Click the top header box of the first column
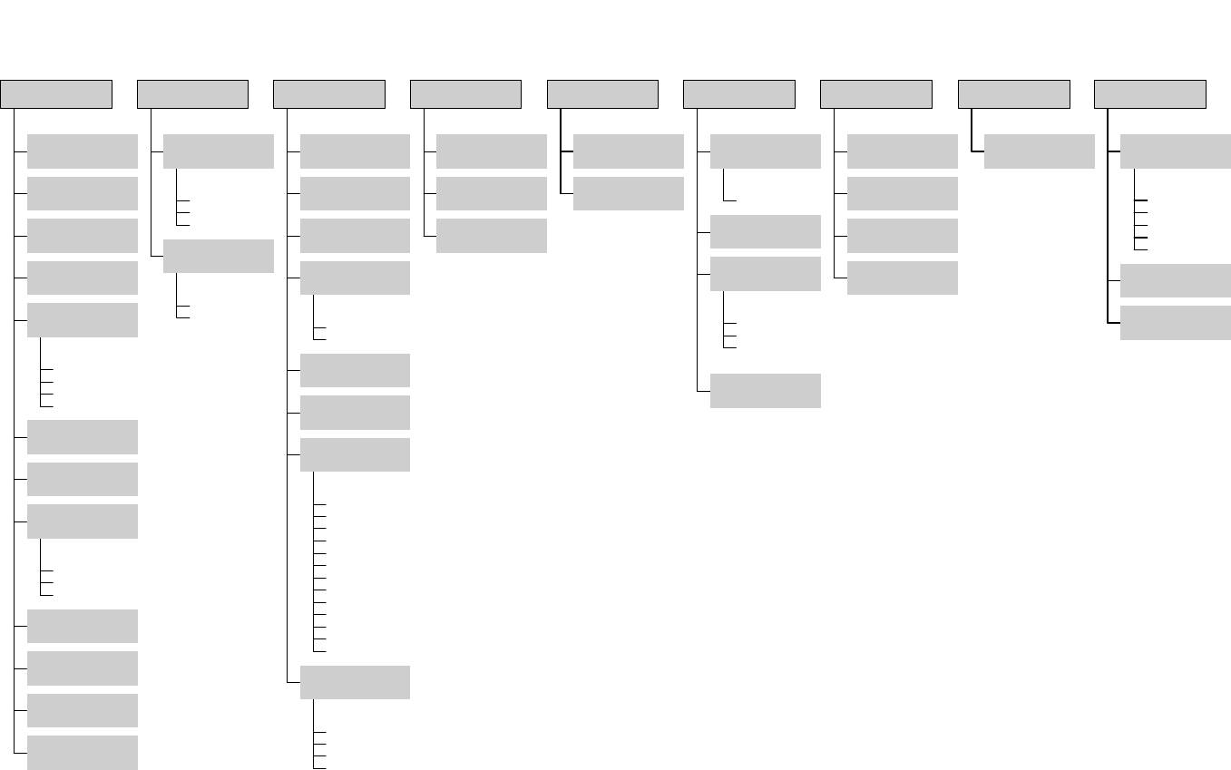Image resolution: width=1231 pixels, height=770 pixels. (56, 94)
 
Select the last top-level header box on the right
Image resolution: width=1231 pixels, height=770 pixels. (1150, 94)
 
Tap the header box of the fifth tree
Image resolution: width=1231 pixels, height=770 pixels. (602, 94)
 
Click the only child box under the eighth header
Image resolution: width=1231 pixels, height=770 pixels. (1039, 151)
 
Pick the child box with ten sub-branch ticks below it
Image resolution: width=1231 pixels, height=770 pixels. (355, 454)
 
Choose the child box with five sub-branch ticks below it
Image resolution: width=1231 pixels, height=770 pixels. (1175, 151)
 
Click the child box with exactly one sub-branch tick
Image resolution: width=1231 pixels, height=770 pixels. (765, 151)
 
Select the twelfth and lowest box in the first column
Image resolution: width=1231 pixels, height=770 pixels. (83, 752)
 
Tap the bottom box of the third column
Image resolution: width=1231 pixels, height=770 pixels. (355, 682)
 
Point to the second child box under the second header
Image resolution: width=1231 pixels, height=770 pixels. (219, 256)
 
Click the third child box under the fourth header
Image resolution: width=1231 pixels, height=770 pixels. (492, 236)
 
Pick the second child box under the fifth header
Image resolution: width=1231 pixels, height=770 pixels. (629, 193)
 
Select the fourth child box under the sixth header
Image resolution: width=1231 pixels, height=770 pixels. (765, 391)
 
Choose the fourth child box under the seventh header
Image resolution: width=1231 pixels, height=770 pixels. (902, 278)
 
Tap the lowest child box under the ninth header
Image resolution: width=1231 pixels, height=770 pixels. (1175, 323)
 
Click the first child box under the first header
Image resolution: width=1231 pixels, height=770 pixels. (83, 151)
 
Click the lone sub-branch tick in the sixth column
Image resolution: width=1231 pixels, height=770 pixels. (730, 200)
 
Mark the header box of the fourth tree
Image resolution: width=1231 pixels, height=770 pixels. (465, 94)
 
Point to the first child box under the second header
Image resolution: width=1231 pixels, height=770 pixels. (219, 151)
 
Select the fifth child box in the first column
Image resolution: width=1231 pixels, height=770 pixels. (83, 320)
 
